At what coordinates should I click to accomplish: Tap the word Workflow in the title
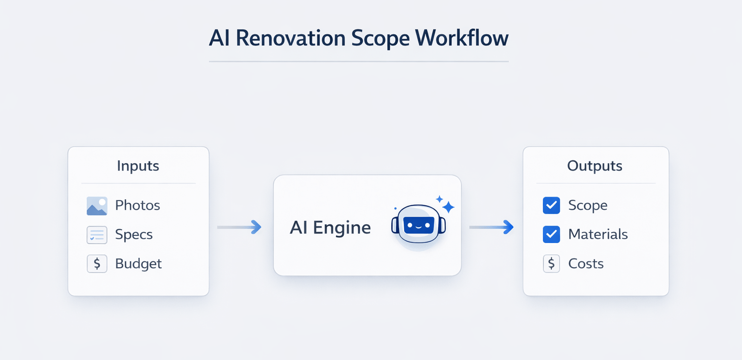point(462,38)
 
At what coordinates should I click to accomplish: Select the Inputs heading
point(138,166)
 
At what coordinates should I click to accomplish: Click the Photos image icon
point(97,206)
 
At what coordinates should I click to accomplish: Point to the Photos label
point(137,205)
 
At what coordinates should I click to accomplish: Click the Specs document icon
point(97,235)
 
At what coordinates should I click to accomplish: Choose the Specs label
point(134,234)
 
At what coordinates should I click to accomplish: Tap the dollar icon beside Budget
point(97,264)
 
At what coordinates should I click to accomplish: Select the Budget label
point(138,264)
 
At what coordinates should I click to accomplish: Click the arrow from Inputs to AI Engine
point(240,227)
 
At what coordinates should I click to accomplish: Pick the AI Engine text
point(330,228)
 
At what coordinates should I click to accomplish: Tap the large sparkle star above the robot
point(448,207)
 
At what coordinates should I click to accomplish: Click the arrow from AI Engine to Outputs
point(491,227)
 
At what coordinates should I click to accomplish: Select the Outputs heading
point(595,166)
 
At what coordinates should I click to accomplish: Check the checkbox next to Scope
point(551,205)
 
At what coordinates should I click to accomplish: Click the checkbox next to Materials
point(551,234)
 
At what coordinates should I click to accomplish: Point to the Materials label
point(598,234)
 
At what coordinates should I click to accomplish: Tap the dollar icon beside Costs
point(551,264)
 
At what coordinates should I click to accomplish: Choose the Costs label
point(586,264)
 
